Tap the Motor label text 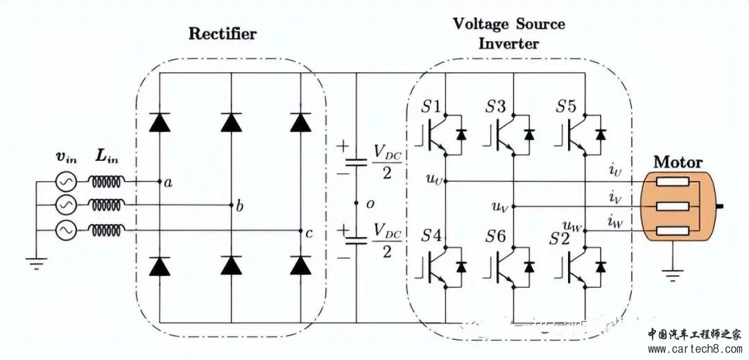click(x=678, y=162)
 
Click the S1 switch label click(x=431, y=107)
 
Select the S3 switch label click(x=496, y=107)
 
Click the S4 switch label click(x=431, y=236)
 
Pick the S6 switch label click(x=496, y=236)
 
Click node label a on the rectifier click(x=167, y=183)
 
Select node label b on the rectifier click(x=239, y=207)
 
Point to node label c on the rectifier click(x=309, y=233)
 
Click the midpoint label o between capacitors click(x=370, y=204)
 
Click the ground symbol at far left click(x=33, y=263)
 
